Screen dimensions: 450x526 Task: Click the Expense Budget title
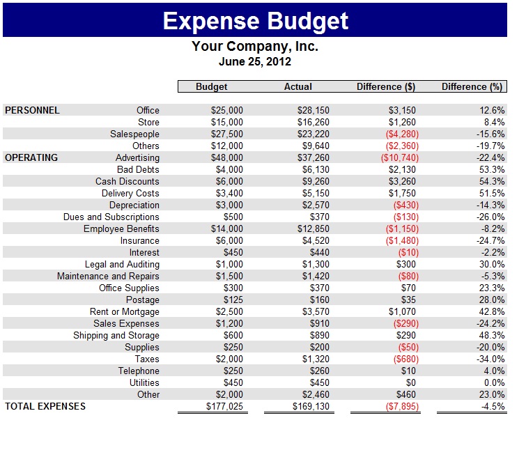pyautogui.click(x=255, y=21)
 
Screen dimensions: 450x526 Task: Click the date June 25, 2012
pyautogui.click(x=255, y=61)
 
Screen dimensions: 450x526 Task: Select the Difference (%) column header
pyautogui.click(x=472, y=87)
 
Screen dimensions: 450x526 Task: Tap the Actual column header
pyautogui.click(x=298, y=87)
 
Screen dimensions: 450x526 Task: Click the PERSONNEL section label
pyautogui.click(x=32, y=110)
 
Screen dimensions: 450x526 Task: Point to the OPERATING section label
pyautogui.click(x=31, y=157)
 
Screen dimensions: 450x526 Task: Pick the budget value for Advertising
pyautogui.click(x=227, y=157)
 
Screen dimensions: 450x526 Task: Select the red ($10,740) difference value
pyautogui.click(x=399, y=157)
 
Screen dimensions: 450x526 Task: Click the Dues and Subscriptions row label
pyautogui.click(x=111, y=217)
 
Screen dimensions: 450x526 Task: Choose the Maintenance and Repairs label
pyautogui.click(x=108, y=276)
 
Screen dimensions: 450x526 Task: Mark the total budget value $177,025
pyautogui.click(x=225, y=406)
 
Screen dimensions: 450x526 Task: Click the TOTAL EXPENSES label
pyautogui.click(x=45, y=406)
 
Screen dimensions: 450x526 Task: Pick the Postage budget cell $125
pyautogui.click(x=233, y=300)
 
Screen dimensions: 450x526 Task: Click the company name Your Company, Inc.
pyautogui.click(x=255, y=47)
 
